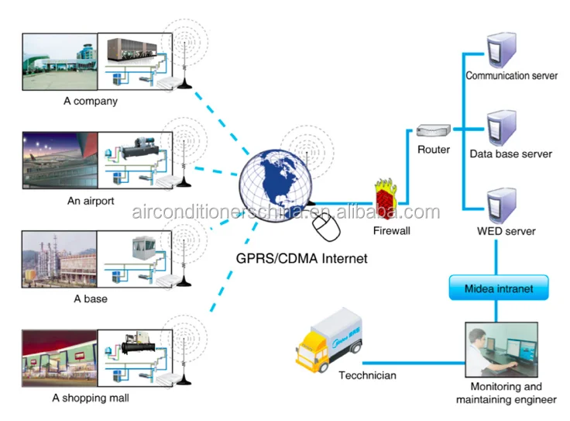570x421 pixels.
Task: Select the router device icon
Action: pos(431,132)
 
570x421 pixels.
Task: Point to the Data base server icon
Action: pos(496,128)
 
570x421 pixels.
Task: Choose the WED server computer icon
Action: pos(496,204)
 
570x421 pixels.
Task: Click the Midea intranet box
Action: pos(498,288)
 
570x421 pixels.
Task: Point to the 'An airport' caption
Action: pos(91,201)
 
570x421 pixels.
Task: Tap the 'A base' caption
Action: pos(91,298)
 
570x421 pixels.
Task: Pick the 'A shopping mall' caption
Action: pos(91,398)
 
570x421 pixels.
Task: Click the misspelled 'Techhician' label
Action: pos(367,375)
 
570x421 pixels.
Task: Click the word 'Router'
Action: pos(434,149)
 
